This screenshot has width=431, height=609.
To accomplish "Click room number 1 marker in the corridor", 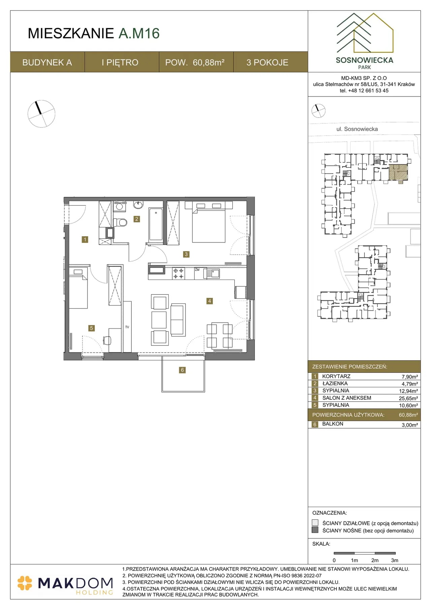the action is tap(85, 239).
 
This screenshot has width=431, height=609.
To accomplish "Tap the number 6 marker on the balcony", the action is tap(182, 370).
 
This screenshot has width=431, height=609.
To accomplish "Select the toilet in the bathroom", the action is tap(120, 222).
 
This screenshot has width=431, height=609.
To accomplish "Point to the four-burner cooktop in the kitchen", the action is tap(178, 273).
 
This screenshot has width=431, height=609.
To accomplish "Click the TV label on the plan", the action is tap(127, 327).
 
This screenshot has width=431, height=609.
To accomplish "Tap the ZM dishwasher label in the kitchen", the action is tap(197, 270).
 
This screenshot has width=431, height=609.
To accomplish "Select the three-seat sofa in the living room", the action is tap(178, 320).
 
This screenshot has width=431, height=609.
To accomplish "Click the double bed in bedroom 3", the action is tap(208, 222).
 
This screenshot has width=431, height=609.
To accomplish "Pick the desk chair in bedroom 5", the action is tap(107, 341).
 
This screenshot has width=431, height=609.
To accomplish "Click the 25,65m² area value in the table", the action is tap(408, 398).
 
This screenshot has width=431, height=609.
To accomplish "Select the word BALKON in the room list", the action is tap(333, 424).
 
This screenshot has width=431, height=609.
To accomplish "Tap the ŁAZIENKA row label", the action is tap(335, 383).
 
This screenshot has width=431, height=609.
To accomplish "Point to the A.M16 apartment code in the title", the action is tap(139, 33).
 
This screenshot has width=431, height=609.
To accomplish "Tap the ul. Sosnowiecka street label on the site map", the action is tap(357, 129).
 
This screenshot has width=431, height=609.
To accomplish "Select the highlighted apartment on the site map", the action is tap(398, 172).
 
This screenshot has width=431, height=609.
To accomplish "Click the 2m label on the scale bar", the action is tap(375, 560).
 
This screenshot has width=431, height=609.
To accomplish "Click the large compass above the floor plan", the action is tap(41, 114).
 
